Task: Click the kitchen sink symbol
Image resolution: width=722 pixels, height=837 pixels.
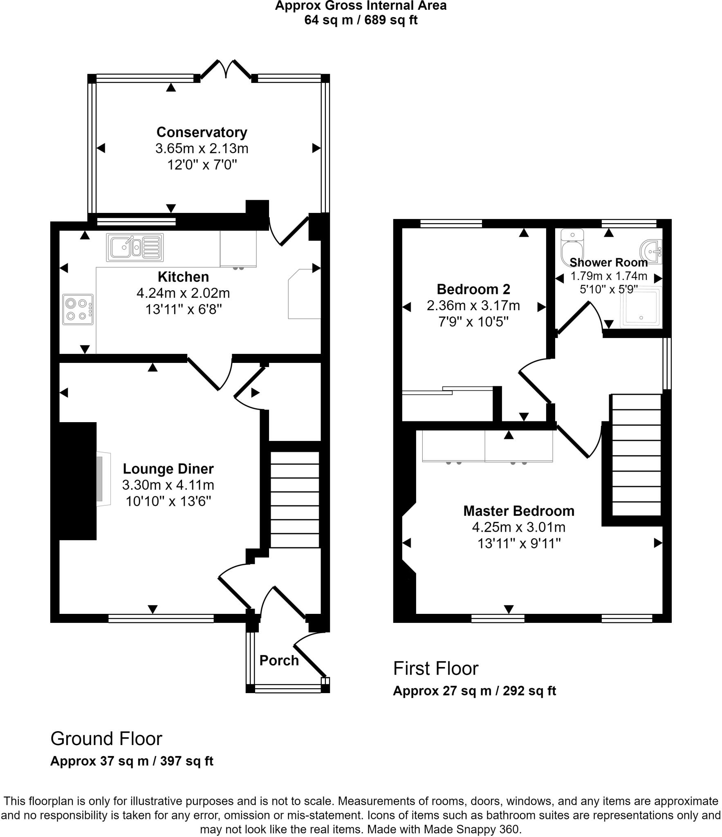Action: (135, 247)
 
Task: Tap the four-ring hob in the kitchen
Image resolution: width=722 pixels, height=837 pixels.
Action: (78, 309)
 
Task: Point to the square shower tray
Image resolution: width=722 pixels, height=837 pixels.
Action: (641, 308)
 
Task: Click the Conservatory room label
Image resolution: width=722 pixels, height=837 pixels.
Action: (202, 132)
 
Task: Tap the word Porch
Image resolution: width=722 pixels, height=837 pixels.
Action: (279, 660)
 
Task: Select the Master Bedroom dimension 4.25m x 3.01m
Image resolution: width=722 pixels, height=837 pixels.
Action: (518, 527)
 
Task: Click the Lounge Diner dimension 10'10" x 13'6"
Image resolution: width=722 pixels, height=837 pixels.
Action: (168, 501)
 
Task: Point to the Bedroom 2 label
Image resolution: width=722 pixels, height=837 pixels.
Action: (473, 289)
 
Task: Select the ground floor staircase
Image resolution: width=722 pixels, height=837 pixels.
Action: (295, 499)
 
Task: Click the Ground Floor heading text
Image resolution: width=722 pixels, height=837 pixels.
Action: (106, 739)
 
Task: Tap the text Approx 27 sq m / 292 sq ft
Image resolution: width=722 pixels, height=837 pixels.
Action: (474, 691)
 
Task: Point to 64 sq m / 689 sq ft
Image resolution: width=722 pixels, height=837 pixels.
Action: (361, 20)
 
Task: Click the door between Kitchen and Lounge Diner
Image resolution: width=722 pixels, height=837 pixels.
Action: (209, 373)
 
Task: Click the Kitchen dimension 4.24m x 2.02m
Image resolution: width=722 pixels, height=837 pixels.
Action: (183, 293)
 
